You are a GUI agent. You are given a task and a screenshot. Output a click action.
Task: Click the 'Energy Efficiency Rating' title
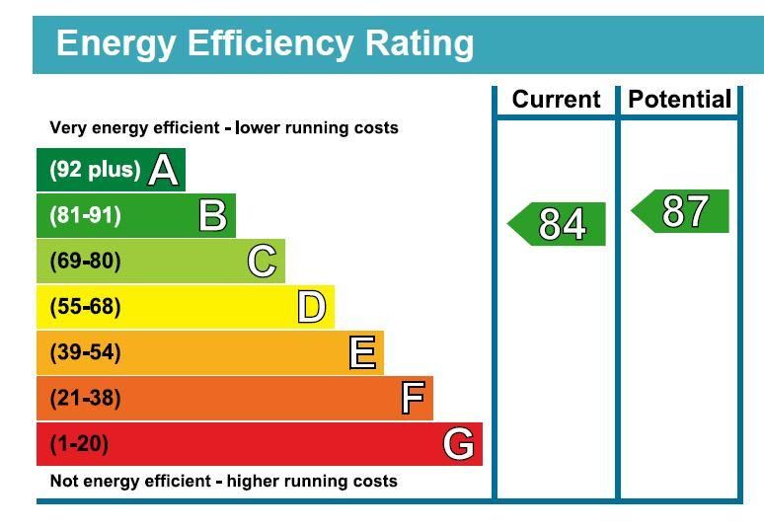tap(265, 44)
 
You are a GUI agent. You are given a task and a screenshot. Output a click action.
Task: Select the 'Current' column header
tap(556, 100)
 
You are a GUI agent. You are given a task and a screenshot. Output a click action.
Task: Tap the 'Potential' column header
tap(679, 100)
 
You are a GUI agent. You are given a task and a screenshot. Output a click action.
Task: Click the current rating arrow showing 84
tap(559, 224)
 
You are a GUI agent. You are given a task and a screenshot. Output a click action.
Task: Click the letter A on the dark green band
tap(164, 171)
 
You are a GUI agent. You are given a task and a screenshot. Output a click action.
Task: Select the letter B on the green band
tap(212, 215)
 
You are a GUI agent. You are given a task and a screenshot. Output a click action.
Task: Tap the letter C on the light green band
tap(262, 262)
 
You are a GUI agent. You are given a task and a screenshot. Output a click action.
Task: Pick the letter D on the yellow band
tap(311, 307)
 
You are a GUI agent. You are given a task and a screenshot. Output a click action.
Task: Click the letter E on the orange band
tap(362, 352)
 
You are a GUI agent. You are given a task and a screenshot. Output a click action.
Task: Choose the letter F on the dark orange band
tap(413, 399)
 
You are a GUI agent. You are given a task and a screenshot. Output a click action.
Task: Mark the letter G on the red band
tap(458, 444)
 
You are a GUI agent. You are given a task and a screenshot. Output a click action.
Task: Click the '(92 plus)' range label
tap(95, 170)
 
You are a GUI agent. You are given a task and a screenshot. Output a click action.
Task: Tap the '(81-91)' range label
tap(85, 215)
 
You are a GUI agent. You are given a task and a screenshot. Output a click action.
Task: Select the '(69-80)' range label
tap(85, 262)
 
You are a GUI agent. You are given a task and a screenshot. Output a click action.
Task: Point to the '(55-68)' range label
tap(85, 307)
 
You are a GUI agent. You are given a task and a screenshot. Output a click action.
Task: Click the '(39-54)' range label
tap(85, 352)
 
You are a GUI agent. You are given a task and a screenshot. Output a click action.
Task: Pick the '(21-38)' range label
tap(85, 399)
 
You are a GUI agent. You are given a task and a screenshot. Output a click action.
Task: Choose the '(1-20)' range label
tap(79, 444)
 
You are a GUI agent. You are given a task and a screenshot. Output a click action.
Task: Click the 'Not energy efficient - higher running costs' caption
tap(223, 482)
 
